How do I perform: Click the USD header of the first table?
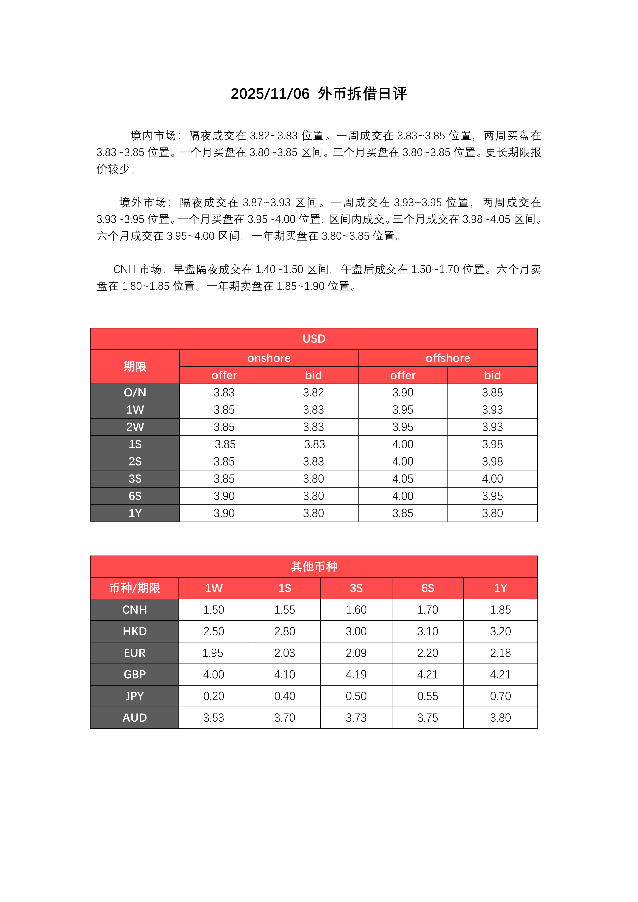pyautogui.click(x=314, y=339)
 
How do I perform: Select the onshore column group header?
pyautogui.click(x=269, y=358)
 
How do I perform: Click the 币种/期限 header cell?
pyautogui.click(x=135, y=588)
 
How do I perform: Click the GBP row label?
pyautogui.click(x=135, y=675)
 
